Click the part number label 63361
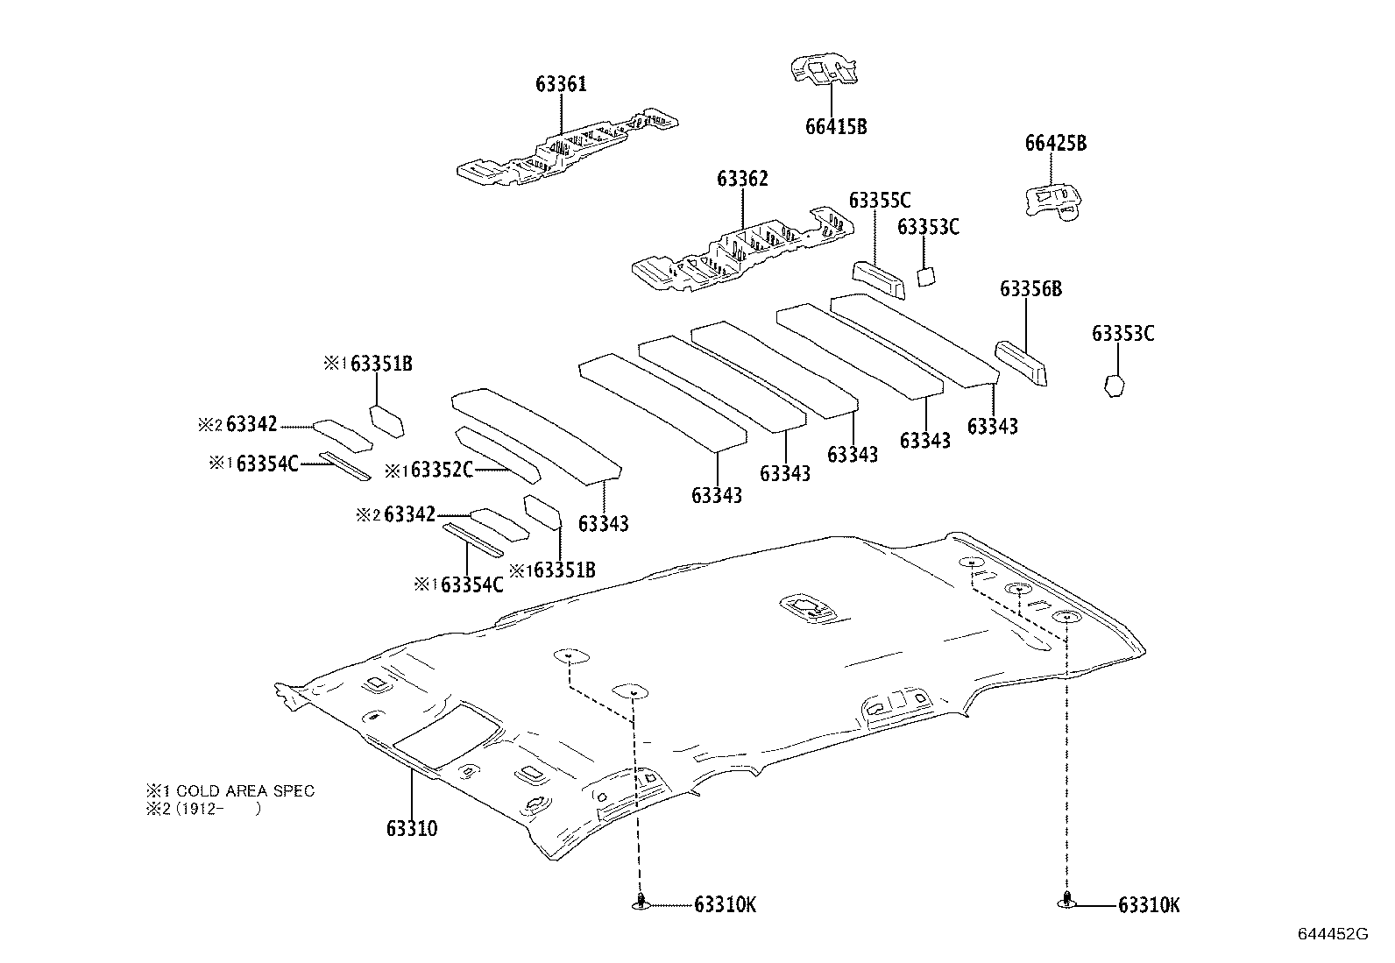[561, 85]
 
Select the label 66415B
[835, 127]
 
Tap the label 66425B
[1055, 144]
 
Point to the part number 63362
[742, 180]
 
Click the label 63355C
[879, 201]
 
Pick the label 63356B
[1030, 289]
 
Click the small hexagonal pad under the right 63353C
[1114, 386]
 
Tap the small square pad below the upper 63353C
[926, 276]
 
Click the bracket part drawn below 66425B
[1054, 201]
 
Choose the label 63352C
[442, 471]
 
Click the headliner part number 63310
[411, 829]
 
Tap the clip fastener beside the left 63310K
[641, 903]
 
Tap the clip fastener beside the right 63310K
[1066, 901]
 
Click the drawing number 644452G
[1332, 934]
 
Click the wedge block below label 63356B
[1020, 362]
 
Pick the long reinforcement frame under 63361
[565, 148]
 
